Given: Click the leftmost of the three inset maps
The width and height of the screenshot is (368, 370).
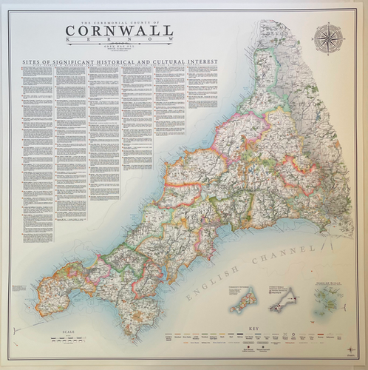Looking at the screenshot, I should [x=242, y=301].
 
